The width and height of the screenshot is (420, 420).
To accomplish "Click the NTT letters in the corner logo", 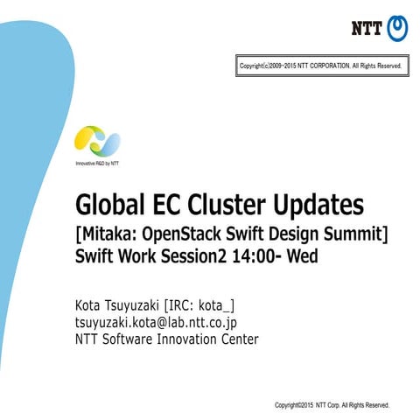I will tap(367, 28).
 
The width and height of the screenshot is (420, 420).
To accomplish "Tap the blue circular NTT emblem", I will tap(396, 27).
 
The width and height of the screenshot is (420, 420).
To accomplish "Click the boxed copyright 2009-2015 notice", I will tap(320, 66).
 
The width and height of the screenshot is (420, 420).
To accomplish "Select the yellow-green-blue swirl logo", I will tap(96, 141).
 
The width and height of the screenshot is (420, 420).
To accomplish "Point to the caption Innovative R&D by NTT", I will tap(96, 164).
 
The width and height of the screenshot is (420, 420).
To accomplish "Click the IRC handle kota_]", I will tap(215, 305).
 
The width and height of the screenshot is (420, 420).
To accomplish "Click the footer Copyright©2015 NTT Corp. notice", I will tap(332, 405).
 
